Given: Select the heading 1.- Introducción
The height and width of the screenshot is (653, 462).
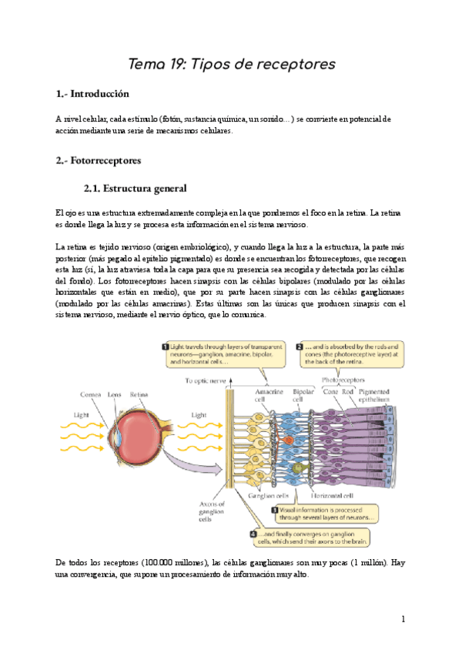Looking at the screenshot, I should [x=92, y=95].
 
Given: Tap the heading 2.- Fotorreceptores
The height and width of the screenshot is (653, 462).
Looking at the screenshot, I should [x=98, y=162].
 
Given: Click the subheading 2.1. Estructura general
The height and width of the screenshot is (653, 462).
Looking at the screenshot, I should [x=134, y=189].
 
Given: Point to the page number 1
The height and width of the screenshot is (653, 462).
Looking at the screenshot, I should [x=402, y=620].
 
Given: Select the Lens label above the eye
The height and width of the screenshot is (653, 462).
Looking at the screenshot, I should [x=115, y=395].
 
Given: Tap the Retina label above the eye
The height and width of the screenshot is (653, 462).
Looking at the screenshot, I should [x=139, y=395].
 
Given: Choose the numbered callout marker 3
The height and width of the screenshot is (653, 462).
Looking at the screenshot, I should [x=274, y=510].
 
